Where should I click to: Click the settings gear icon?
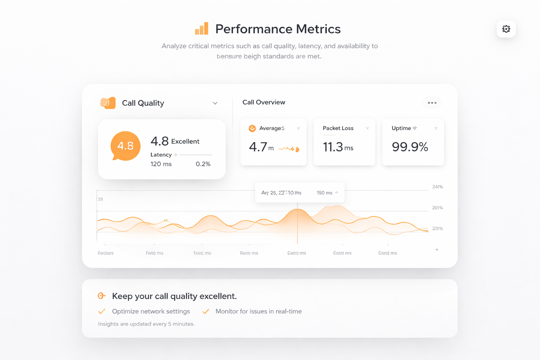506,29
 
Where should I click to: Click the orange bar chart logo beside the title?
202,29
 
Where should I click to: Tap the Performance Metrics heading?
278,29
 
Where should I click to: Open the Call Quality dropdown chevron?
215,103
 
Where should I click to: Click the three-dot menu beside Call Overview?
432,103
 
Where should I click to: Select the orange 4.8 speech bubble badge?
126,146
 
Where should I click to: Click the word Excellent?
185,141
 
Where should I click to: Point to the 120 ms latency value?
161,164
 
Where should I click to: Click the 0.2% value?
203,164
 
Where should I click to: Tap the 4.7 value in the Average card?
258,147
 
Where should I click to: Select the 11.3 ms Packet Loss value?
338,147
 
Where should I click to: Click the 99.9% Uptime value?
410,147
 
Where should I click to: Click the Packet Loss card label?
338,128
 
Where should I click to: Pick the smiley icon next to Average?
252,128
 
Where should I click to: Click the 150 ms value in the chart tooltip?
324,193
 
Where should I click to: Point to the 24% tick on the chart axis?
437,187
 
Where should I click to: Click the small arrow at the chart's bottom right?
436,250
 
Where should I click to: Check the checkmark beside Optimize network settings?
102,311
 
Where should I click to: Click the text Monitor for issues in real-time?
258,311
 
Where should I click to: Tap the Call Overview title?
264,102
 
